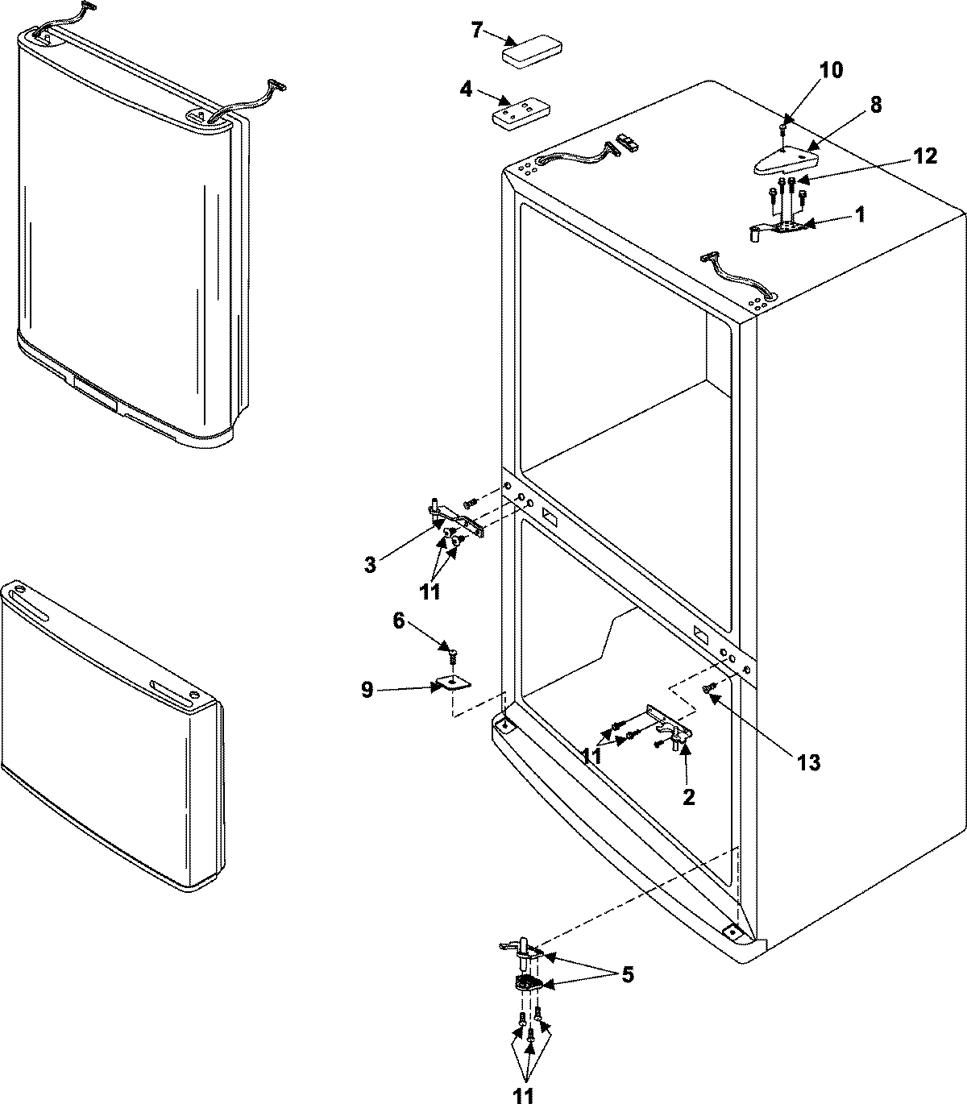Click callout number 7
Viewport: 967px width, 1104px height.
(476, 31)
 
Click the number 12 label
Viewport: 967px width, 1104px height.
(925, 156)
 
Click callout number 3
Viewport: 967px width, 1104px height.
(370, 565)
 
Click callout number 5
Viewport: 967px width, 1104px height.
(626, 975)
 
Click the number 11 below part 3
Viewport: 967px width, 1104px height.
(430, 592)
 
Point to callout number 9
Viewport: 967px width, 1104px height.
(367, 691)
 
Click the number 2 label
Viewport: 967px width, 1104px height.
(689, 797)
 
